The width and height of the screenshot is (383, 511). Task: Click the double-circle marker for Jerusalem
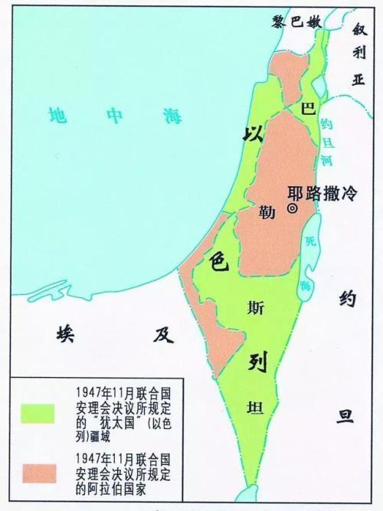tap(292, 208)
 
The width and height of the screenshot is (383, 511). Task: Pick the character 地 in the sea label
tap(57, 116)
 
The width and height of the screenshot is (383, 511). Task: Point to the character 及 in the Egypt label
tap(159, 334)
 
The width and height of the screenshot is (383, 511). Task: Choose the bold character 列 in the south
tap(256, 362)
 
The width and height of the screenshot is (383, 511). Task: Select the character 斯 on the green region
tap(255, 308)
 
